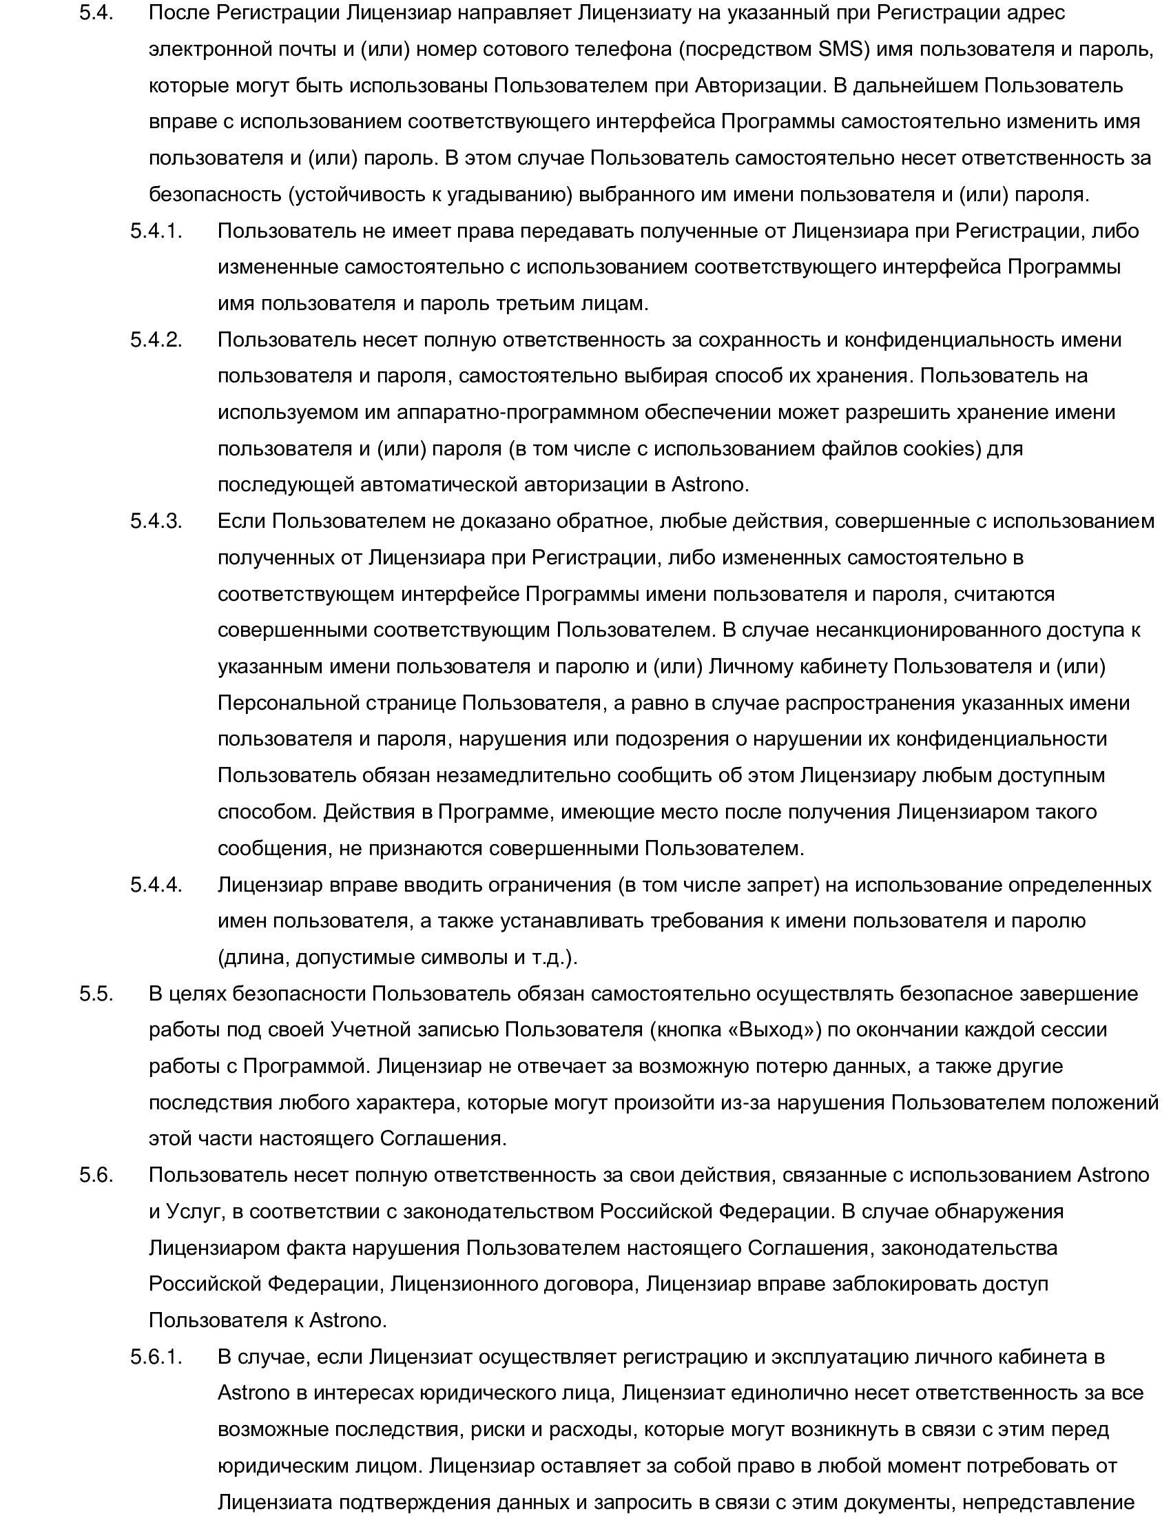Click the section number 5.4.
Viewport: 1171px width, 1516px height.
96,13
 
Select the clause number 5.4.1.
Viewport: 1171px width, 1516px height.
156,230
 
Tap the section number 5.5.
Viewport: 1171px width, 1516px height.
96,993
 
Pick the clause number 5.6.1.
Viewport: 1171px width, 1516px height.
156,1356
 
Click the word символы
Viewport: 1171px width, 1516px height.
458,957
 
